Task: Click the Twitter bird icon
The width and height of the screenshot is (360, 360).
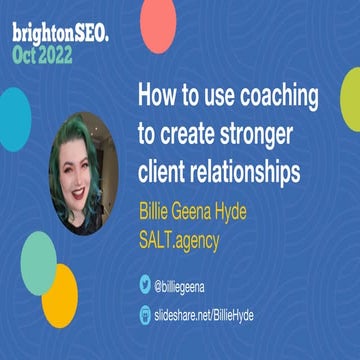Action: click(143, 285)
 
